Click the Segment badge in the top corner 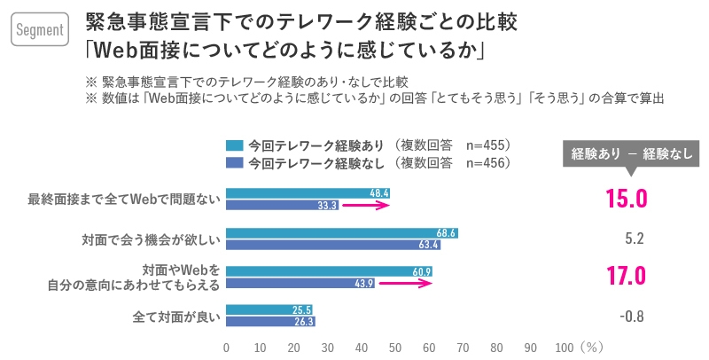[x=40, y=30]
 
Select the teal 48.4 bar [x=308, y=193]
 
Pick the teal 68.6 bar [x=342, y=233]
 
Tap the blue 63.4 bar [x=333, y=245]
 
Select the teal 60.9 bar [x=329, y=271]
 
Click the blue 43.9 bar [x=300, y=283]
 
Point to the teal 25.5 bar [x=269, y=310]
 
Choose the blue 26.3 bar [x=270, y=322]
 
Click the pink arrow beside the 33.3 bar [x=366, y=205]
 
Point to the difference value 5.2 [x=633, y=239]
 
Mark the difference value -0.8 [x=632, y=317]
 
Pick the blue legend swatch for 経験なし [x=235, y=162]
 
